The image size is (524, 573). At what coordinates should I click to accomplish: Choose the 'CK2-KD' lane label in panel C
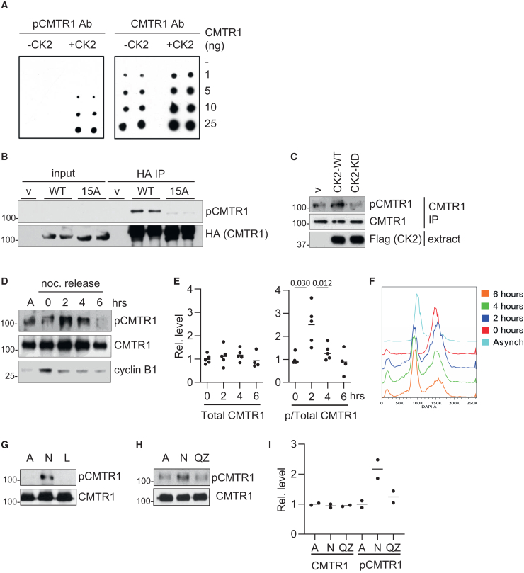384,174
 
